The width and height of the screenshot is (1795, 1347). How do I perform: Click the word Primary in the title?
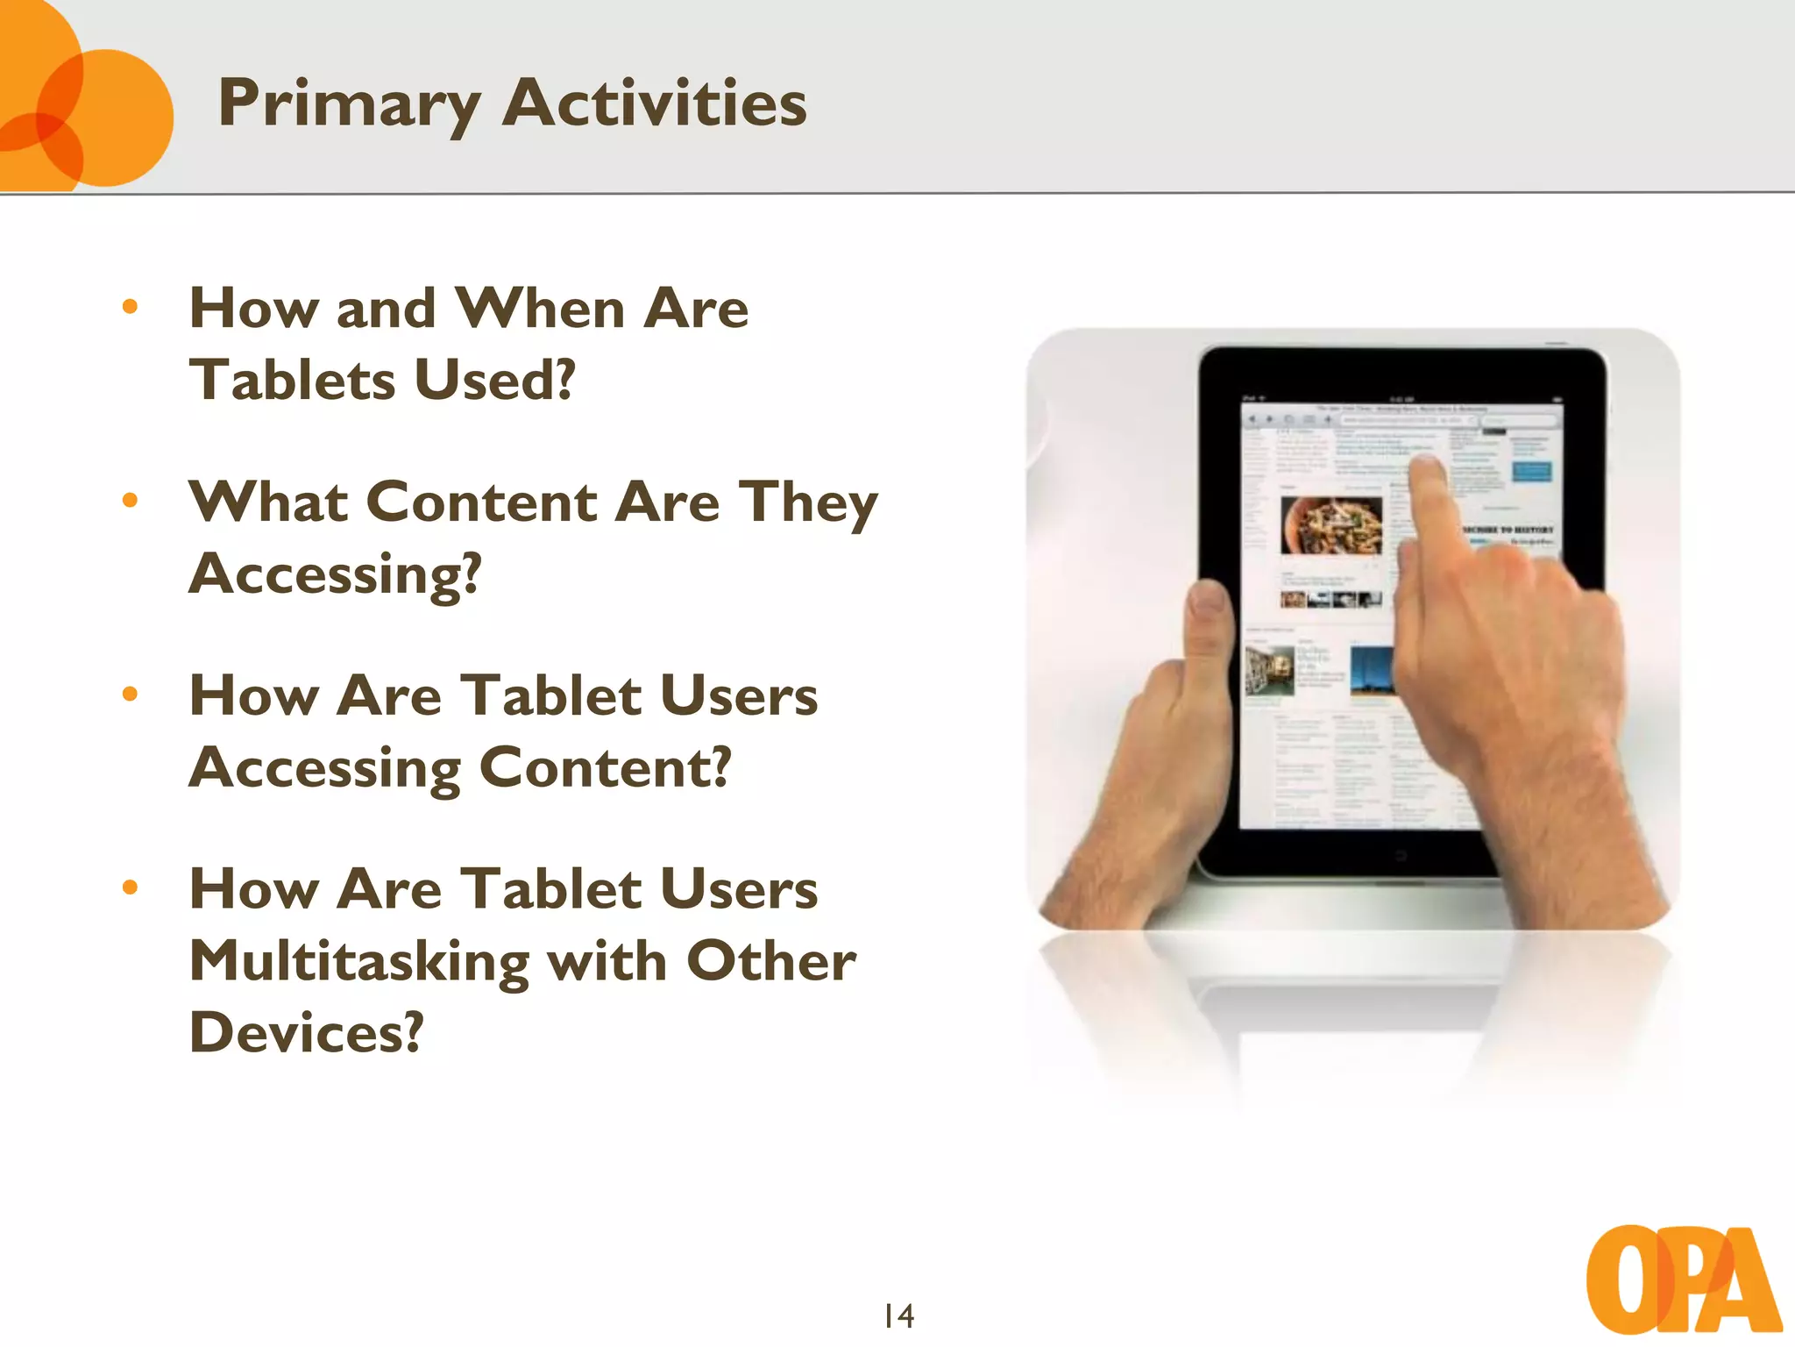click(x=349, y=103)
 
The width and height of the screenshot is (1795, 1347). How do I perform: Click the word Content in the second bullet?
click(x=481, y=502)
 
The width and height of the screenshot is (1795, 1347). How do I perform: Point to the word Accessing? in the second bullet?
click(x=335, y=574)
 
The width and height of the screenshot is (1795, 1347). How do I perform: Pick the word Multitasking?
click(x=359, y=961)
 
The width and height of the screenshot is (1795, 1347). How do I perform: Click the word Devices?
click(x=307, y=1032)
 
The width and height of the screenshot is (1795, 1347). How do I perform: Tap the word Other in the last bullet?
click(x=770, y=961)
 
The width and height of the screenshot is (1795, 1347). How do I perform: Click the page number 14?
click(x=898, y=1315)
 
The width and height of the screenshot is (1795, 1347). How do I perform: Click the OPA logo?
click(x=1682, y=1279)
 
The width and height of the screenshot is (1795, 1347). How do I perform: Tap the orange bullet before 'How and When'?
click(x=131, y=307)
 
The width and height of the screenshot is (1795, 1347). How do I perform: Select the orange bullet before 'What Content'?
click(x=131, y=501)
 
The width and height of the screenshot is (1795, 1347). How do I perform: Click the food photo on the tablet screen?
click(x=1330, y=524)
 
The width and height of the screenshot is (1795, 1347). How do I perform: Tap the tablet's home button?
click(x=1400, y=855)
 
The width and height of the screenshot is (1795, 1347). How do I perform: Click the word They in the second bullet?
click(x=808, y=502)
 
